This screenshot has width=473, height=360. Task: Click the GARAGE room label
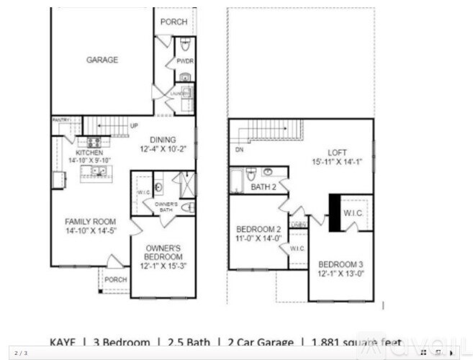tap(102, 60)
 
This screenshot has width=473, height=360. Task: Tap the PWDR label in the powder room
tap(185, 61)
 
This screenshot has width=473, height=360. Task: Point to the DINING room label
tap(164, 140)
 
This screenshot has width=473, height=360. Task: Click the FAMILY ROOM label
tap(90, 221)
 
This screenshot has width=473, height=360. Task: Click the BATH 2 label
tap(263, 187)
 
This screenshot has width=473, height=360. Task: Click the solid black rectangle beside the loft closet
tap(335, 212)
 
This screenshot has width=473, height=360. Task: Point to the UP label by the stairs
tap(135, 125)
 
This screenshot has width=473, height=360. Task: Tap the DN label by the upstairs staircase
tap(238, 150)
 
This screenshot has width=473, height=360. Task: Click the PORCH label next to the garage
tap(174, 22)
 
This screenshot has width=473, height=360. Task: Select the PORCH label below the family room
tap(115, 280)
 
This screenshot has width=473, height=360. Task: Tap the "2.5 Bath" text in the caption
tap(193, 342)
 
